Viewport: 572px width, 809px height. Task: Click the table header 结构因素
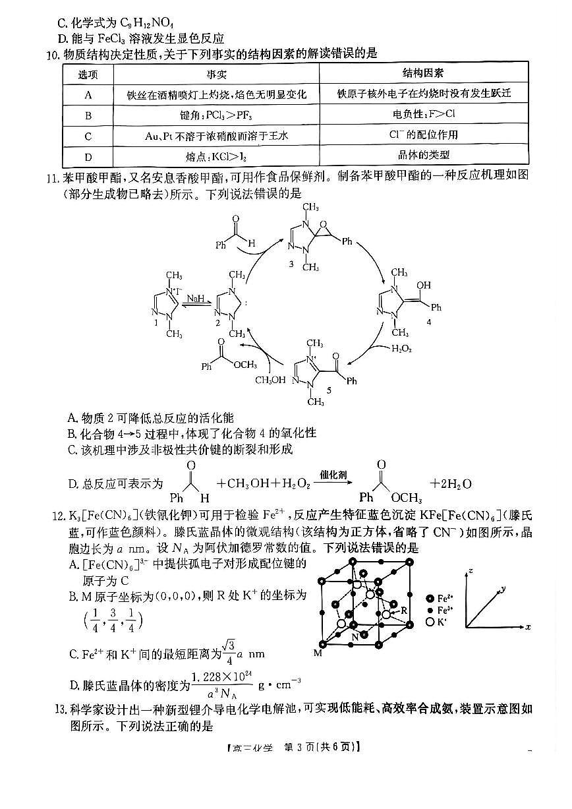pyautogui.click(x=423, y=73)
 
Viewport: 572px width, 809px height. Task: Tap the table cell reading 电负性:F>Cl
pyautogui.click(x=423, y=114)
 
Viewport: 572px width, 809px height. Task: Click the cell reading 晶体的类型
pyautogui.click(x=423, y=156)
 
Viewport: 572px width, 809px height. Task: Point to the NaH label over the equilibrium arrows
pyautogui.click(x=196, y=299)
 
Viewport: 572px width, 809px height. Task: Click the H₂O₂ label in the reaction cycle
pyautogui.click(x=402, y=348)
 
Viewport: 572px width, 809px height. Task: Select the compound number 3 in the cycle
pyautogui.click(x=291, y=264)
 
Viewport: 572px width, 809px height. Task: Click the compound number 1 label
pyautogui.click(x=156, y=322)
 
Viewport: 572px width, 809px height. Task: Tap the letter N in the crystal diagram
pyautogui.click(x=355, y=637)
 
